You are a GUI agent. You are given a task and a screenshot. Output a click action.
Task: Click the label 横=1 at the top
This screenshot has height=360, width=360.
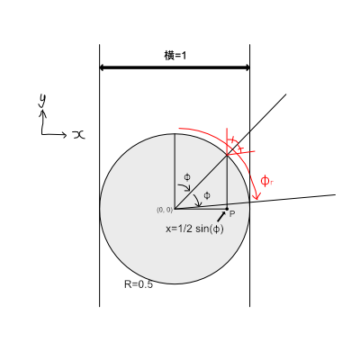click(x=175, y=56)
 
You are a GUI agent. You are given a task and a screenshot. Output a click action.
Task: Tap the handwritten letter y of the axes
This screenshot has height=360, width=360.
click(x=42, y=100)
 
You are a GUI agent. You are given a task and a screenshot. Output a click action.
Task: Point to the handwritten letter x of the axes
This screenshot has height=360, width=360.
click(x=79, y=135)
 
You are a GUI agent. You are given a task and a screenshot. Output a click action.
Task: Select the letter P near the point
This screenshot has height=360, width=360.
click(x=232, y=214)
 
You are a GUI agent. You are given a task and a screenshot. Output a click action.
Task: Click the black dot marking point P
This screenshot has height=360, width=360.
click(x=227, y=209)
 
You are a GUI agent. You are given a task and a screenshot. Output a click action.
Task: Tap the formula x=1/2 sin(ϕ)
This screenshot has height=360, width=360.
click(x=194, y=229)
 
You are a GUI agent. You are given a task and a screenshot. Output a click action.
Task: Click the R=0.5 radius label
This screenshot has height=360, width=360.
click(x=139, y=284)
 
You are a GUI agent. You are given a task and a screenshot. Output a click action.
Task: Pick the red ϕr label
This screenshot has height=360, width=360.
click(x=266, y=181)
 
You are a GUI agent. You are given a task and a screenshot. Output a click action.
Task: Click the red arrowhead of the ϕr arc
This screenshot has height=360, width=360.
click(x=256, y=196)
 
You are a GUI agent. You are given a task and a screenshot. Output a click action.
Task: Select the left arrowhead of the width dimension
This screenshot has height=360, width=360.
click(x=102, y=67)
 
